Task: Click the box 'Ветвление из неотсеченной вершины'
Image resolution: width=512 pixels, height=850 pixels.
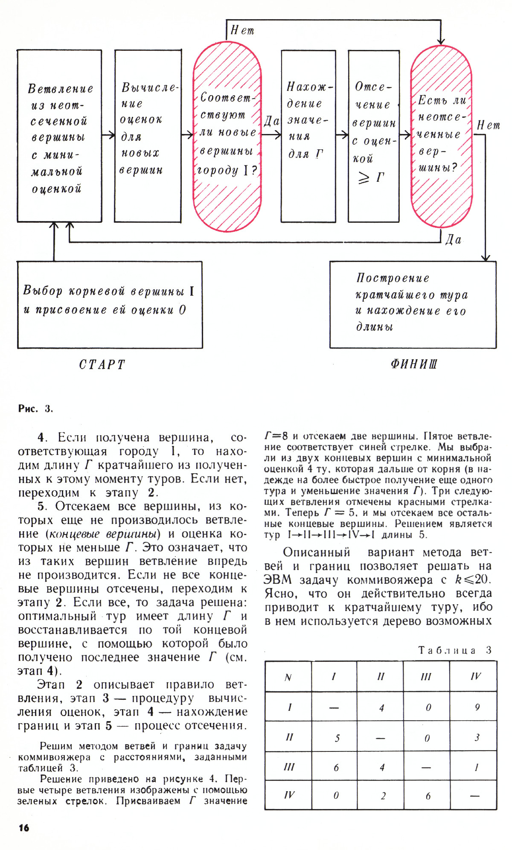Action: (x=59, y=136)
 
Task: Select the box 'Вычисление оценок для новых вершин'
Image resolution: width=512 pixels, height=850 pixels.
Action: (x=148, y=136)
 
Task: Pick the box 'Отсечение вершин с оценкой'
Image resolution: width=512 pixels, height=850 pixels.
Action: (x=373, y=136)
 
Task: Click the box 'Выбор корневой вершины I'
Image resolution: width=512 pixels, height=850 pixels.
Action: (x=110, y=305)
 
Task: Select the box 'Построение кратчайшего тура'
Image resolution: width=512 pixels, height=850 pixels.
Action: (x=413, y=305)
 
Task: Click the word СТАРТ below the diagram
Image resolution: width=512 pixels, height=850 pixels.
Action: (x=102, y=365)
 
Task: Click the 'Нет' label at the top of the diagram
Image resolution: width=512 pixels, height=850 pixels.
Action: (x=242, y=30)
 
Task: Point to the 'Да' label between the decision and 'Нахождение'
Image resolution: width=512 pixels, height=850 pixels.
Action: (x=271, y=122)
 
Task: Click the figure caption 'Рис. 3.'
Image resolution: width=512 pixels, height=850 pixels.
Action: (x=35, y=409)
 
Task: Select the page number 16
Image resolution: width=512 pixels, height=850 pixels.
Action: (x=24, y=828)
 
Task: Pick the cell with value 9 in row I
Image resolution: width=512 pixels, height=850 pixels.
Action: (x=477, y=707)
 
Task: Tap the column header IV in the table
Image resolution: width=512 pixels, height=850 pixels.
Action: (x=475, y=676)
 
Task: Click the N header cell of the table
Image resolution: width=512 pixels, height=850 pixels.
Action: (x=288, y=677)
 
